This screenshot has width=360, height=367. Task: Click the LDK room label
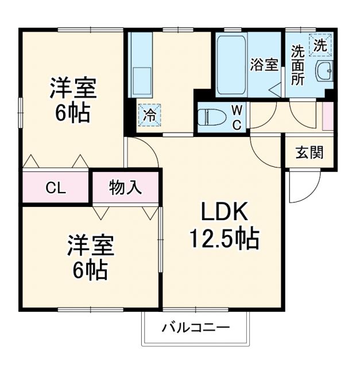(224, 213)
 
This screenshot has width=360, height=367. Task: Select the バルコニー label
(195, 329)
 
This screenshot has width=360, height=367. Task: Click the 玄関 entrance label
(309, 152)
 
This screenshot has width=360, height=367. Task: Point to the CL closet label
(56, 187)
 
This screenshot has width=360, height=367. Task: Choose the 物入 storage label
(125, 187)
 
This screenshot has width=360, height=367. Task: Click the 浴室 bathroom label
(264, 65)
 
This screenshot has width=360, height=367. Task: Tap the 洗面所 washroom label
(297, 65)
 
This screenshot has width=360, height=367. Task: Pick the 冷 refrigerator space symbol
(149, 113)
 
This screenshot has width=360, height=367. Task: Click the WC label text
(237, 117)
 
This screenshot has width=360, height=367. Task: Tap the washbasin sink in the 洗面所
(324, 72)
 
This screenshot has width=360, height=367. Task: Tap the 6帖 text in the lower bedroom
(90, 270)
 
